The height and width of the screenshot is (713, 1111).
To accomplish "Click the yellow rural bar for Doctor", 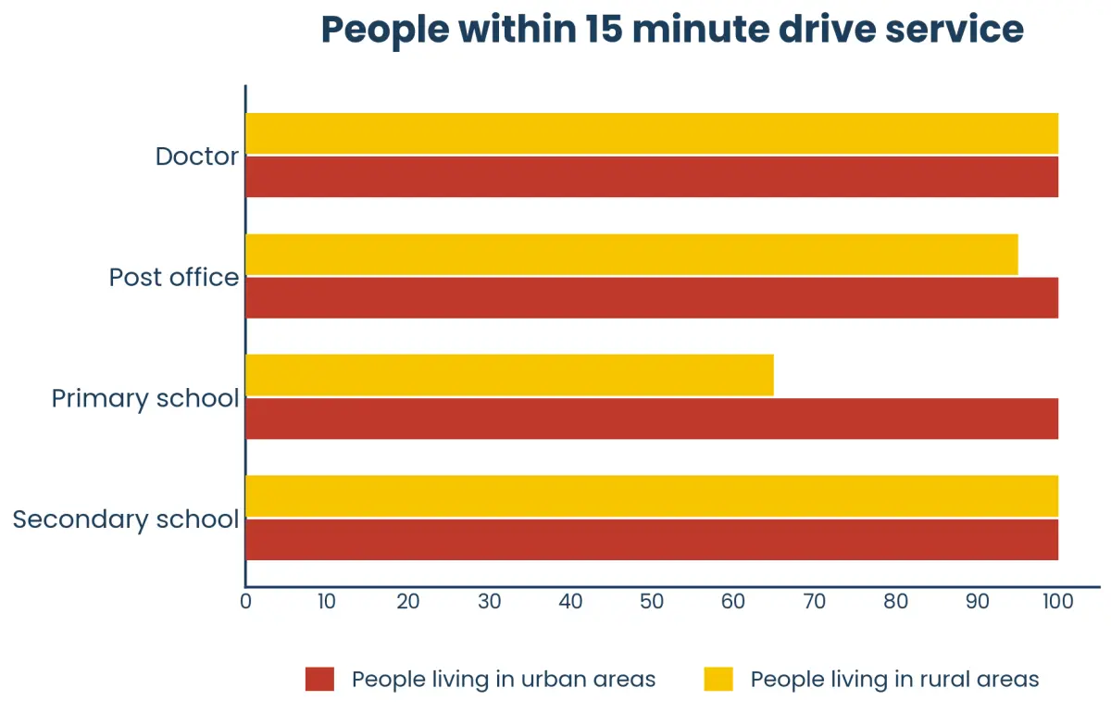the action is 652,133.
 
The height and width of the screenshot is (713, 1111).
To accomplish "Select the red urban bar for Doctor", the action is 652,177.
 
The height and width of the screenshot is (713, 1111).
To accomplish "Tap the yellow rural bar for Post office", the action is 631,255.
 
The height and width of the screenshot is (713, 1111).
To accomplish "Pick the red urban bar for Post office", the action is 652,298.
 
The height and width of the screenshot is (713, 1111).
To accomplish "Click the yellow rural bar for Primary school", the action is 510,375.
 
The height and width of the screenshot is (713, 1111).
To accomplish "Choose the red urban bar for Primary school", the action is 652,419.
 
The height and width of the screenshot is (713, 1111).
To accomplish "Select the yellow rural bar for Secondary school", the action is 652,496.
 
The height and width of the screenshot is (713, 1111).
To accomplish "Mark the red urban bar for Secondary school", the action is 652,539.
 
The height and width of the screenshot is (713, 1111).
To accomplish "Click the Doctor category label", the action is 197,156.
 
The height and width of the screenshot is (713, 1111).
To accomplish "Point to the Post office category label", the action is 174,278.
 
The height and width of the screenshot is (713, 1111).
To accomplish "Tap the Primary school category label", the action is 145,399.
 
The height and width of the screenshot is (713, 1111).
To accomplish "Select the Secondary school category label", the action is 126,519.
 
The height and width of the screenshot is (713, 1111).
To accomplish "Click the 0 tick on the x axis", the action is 245,601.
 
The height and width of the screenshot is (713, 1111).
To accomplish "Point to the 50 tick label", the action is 652,601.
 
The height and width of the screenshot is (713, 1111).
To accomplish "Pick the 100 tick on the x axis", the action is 1058,601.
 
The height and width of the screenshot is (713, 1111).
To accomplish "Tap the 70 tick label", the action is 815,601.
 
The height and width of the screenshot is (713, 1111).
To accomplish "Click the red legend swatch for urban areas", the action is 320,679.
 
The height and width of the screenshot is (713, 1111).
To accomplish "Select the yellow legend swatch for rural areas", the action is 718,679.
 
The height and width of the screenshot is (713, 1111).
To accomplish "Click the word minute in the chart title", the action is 700,30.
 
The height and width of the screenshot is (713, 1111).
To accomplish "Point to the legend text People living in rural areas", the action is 894,680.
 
